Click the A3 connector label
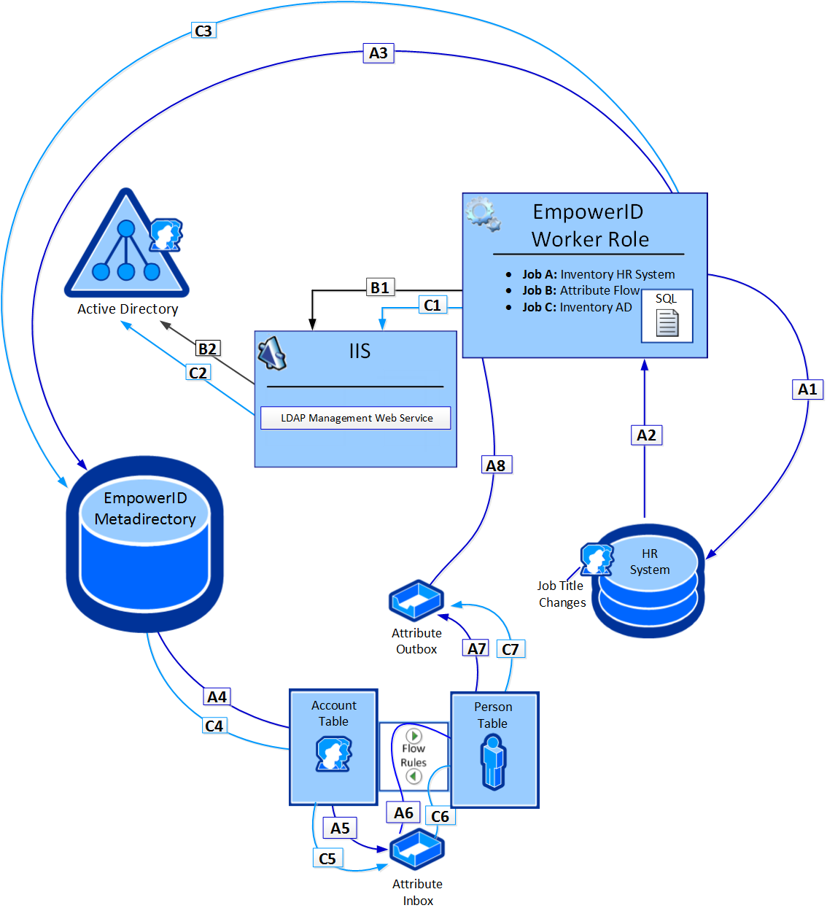point(378,53)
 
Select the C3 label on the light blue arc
point(203,31)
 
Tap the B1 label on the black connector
point(380,287)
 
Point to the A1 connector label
point(807,389)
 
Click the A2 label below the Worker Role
point(646,435)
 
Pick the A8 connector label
point(496,465)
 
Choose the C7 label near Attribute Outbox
point(510,649)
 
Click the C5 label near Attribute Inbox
point(327,858)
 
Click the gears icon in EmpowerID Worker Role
point(483,214)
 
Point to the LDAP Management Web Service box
point(356,418)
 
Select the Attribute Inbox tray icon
point(416,849)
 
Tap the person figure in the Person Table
point(494,761)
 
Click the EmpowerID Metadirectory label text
point(145,508)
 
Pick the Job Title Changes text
point(562,594)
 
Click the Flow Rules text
point(413,756)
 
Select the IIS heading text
point(360,352)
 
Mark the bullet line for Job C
point(576,307)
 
